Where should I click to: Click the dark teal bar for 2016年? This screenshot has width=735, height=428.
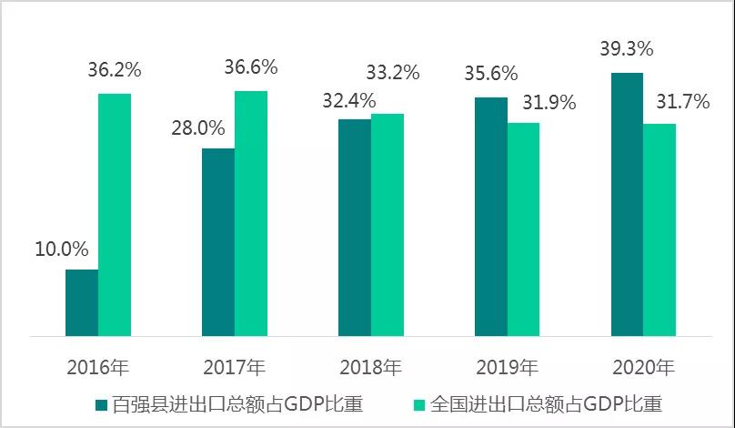pyautogui.click(x=82, y=302)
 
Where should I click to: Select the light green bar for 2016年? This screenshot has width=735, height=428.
pyautogui.click(x=115, y=215)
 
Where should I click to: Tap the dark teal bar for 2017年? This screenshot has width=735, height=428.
pyautogui.click(x=218, y=242)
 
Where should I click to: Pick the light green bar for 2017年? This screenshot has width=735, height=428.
pyautogui.click(x=251, y=213)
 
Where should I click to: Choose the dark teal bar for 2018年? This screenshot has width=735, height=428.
pyautogui.click(x=355, y=228)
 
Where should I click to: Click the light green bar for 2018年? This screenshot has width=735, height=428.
pyautogui.click(x=388, y=225)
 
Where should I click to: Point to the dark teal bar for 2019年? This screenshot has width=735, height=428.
pyautogui.click(x=491, y=217)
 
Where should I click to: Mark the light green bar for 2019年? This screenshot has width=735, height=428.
pyautogui.click(x=524, y=229)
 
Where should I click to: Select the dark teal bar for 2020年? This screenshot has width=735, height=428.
pyautogui.click(x=628, y=204)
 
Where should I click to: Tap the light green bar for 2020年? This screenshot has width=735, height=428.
pyautogui.click(x=660, y=230)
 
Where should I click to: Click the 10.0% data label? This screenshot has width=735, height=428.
pyautogui.click(x=63, y=250)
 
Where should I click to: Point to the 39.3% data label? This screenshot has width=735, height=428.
pyautogui.click(x=626, y=48)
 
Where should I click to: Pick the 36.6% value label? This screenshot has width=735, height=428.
pyautogui.click(x=250, y=67)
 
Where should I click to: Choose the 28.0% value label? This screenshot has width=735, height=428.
pyautogui.click(x=199, y=127)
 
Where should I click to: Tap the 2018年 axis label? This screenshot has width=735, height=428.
pyautogui.click(x=371, y=368)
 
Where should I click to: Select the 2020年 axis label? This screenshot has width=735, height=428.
pyautogui.click(x=644, y=368)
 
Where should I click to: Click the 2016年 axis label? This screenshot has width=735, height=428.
pyautogui.click(x=98, y=368)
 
